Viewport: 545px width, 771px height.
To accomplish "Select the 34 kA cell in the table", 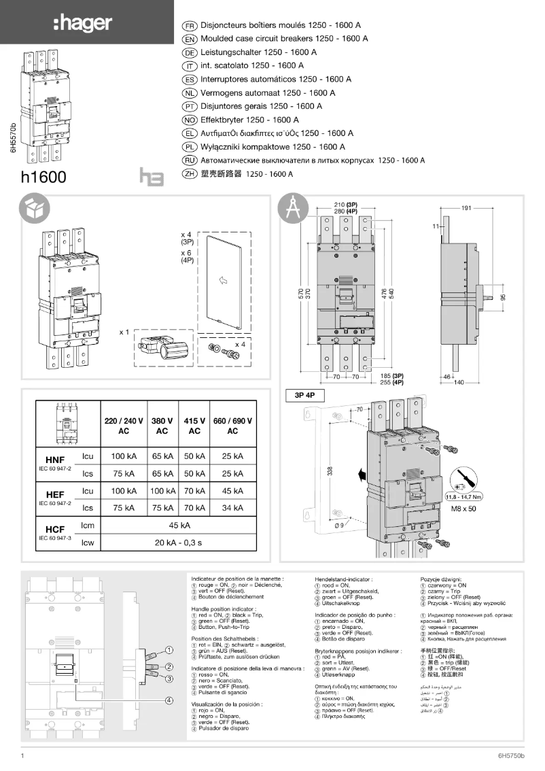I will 232,507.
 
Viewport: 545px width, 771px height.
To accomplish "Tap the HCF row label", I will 55,529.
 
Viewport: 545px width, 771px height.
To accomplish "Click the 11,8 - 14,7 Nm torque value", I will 464,497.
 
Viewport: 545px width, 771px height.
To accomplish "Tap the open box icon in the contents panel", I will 34,209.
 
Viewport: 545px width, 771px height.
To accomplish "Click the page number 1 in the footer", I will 23,755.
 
